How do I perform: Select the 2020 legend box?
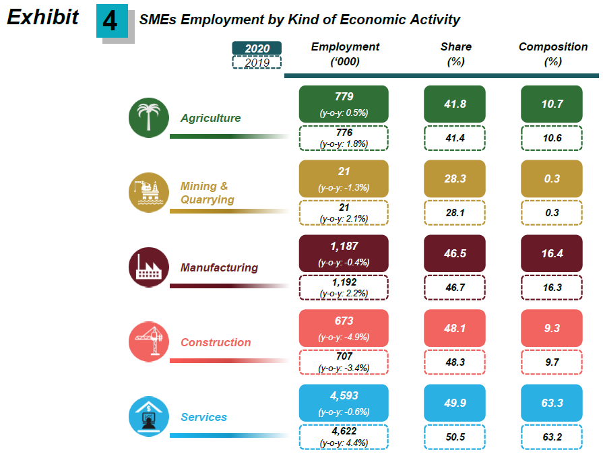click(x=256, y=48)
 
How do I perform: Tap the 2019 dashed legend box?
click(x=256, y=62)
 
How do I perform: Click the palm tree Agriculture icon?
click(x=148, y=118)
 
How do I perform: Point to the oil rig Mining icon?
click(x=148, y=193)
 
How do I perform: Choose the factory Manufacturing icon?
click(x=148, y=267)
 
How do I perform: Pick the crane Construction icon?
click(x=148, y=342)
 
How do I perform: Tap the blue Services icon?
click(x=148, y=417)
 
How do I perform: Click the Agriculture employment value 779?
click(x=344, y=96)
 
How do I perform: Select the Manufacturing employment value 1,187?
click(x=344, y=246)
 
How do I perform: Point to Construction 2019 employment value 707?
click(x=344, y=356)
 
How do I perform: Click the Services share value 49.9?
click(x=455, y=403)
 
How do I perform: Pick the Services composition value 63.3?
click(x=552, y=403)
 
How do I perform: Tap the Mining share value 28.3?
click(x=455, y=179)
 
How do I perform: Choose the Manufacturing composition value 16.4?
click(x=552, y=253)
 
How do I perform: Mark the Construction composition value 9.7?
click(x=552, y=362)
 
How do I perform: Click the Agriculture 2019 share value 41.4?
click(x=455, y=137)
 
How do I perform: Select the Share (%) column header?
click(x=456, y=54)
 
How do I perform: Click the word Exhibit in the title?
click(x=42, y=18)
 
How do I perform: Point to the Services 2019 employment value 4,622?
click(x=344, y=431)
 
